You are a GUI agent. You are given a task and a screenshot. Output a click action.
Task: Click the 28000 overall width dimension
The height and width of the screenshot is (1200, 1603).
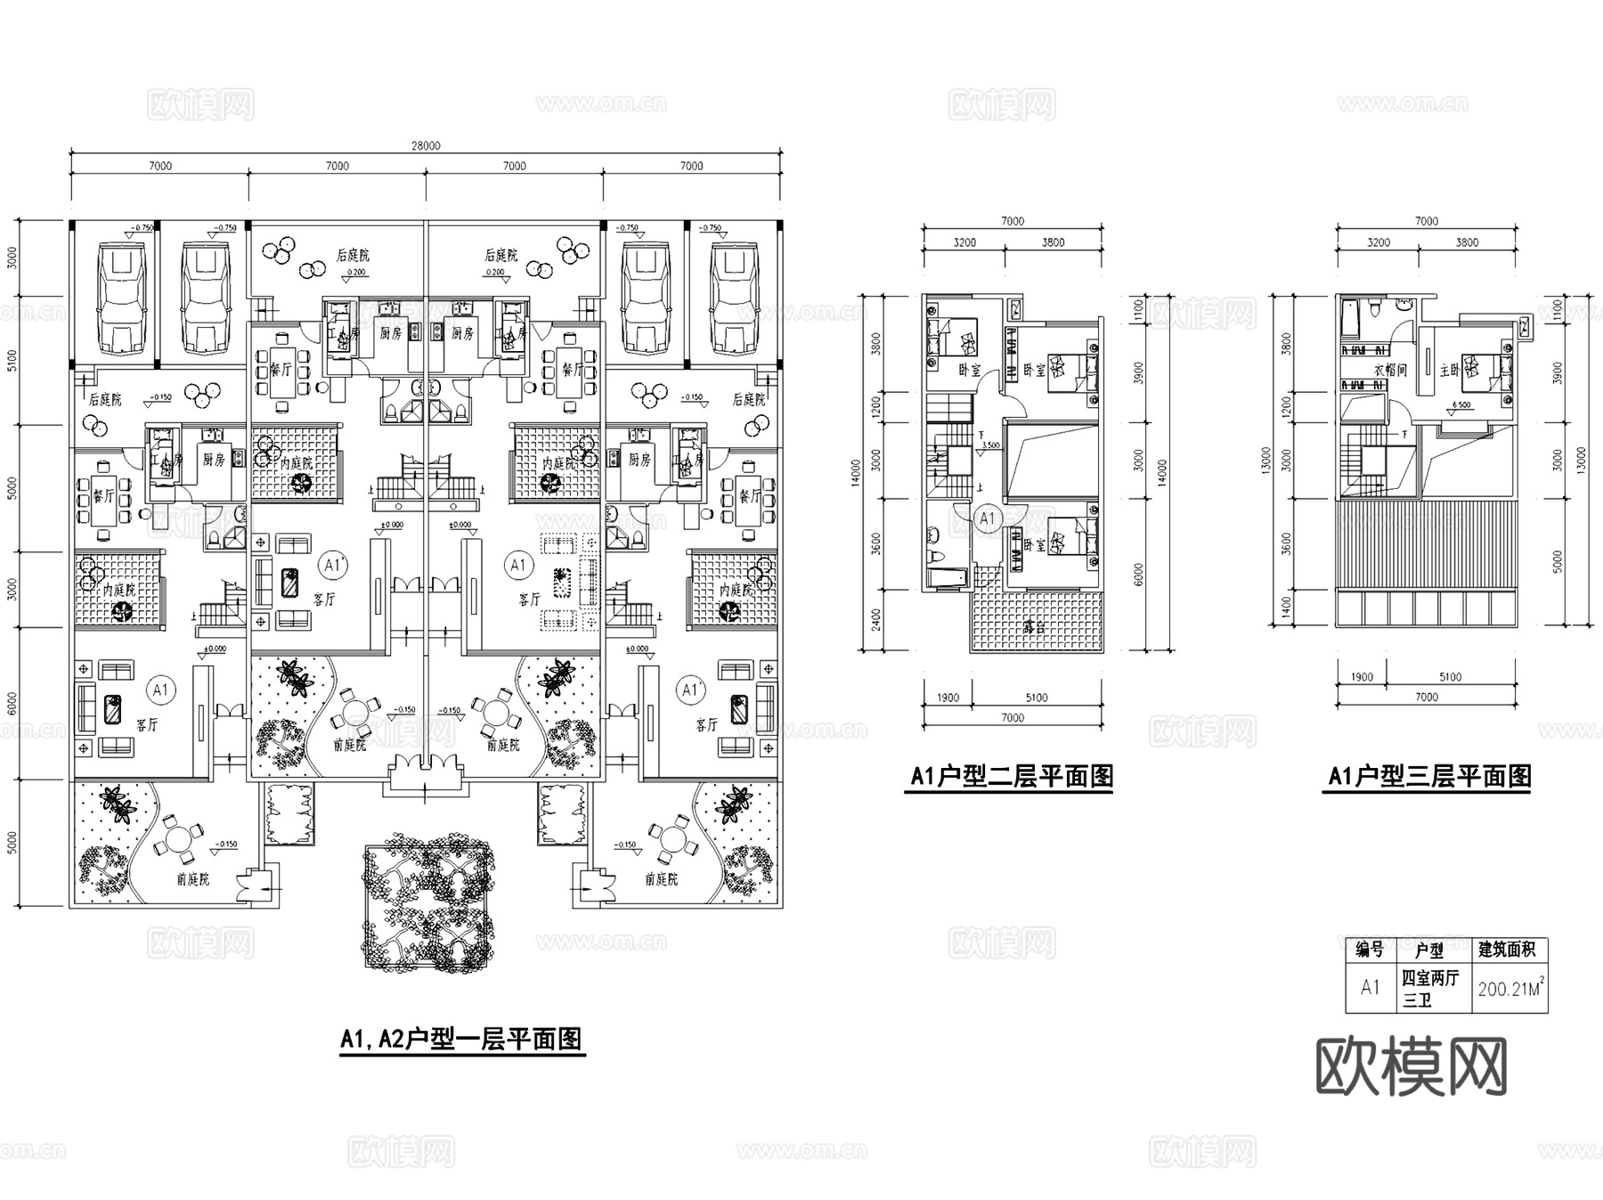click(426, 146)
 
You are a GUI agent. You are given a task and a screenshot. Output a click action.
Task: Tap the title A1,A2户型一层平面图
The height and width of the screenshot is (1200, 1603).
click(461, 1039)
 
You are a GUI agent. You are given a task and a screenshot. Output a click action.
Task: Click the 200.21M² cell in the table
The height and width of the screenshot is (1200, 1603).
click(1509, 989)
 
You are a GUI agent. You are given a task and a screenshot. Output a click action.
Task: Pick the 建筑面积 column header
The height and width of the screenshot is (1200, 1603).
click(1507, 950)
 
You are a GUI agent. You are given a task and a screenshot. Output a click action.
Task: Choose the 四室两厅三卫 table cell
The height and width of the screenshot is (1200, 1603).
click(1430, 989)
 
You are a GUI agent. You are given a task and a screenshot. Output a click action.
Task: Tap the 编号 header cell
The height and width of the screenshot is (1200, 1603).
click(1370, 950)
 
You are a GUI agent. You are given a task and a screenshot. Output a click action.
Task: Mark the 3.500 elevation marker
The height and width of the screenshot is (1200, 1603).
click(989, 445)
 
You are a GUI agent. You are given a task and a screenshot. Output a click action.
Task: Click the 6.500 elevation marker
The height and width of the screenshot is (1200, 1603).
click(1461, 405)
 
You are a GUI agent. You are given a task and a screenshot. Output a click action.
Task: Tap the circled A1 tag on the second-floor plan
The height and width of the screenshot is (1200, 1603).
click(987, 518)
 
